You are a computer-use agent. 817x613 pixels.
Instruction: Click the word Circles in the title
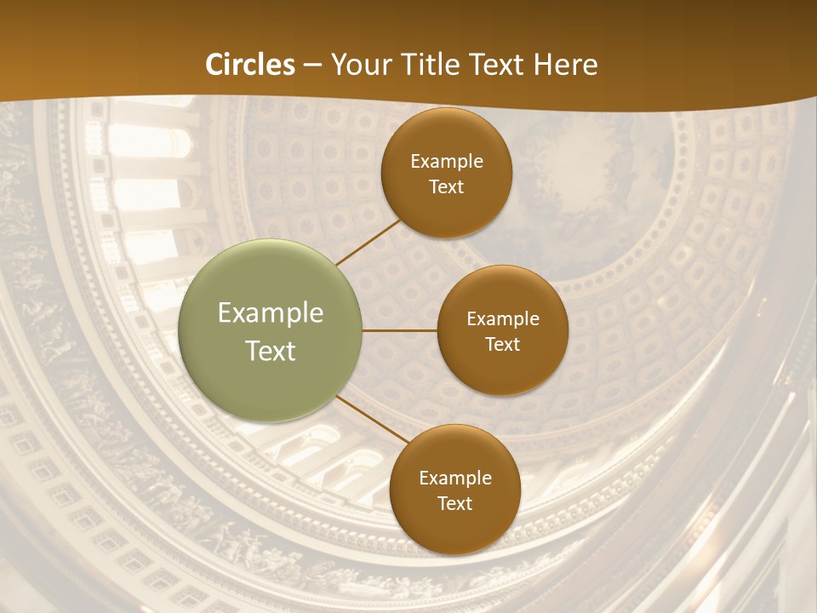pos(250,65)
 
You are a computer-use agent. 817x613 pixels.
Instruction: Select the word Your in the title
pos(362,65)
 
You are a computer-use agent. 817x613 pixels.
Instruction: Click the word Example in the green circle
pos(271,313)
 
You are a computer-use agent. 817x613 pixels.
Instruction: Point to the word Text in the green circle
pos(271,351)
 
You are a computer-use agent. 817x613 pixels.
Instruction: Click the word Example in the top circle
pos(447,162)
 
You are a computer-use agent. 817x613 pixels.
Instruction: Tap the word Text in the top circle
pos(447,187)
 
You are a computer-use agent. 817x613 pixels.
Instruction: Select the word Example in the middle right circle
pos(503,319)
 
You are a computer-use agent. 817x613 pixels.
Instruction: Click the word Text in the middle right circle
pos(503,344)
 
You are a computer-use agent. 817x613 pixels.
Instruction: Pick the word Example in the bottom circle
pos(455,478)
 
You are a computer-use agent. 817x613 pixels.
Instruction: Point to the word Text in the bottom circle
pos(455,504)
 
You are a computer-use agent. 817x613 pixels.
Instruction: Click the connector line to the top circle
pos(368,241)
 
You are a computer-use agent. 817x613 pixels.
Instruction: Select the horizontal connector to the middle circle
pos(400,330)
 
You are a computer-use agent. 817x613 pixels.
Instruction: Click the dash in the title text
pos(312,66)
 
